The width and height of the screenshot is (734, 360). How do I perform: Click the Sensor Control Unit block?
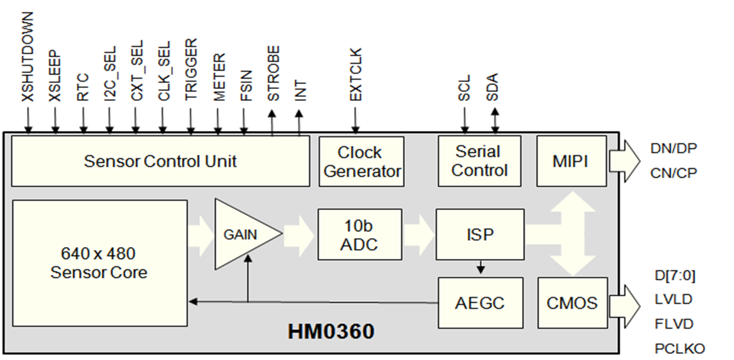160,161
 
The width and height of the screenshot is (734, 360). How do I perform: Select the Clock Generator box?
361,161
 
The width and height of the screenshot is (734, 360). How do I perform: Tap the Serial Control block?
479,161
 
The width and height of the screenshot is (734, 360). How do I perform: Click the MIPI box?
571,161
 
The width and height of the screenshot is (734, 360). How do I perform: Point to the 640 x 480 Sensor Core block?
99,263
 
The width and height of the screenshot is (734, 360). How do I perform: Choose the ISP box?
480,234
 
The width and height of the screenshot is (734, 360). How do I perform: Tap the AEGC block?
480,302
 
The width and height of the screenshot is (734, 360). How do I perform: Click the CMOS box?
572,302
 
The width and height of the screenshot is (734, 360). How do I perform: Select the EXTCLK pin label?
355,75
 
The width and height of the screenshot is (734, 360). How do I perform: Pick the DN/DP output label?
673,148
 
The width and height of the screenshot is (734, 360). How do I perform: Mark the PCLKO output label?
679,348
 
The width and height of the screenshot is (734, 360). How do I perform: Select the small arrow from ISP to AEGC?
480,267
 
